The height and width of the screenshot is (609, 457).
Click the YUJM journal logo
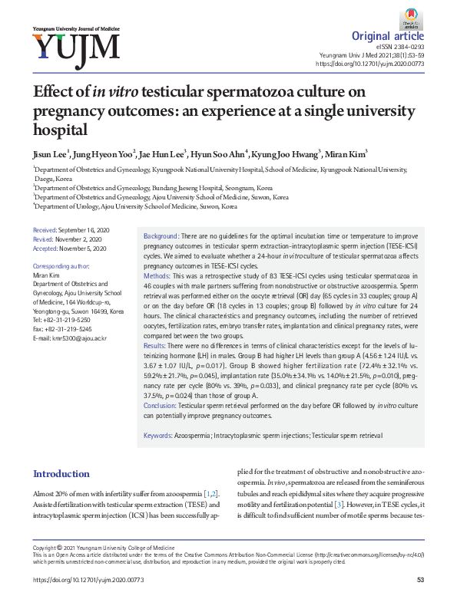tap(75, 46)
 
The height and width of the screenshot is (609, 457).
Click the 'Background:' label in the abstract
tap(161, 235)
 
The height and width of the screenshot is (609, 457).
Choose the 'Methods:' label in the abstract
tap(157, 275)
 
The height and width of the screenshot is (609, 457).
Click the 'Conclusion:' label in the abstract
tap(161, 404)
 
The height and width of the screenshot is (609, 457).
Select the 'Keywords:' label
tap(157, 435)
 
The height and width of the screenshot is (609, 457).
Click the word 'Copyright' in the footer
tap(45, 548)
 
